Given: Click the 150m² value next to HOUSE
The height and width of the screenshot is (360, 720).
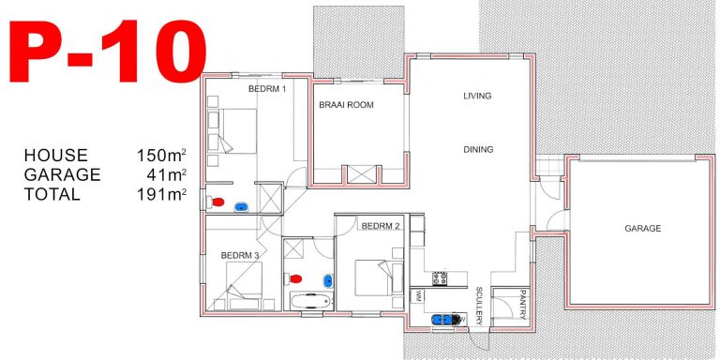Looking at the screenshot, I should [161, 156].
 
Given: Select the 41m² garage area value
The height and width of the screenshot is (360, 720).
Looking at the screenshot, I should [165, 175].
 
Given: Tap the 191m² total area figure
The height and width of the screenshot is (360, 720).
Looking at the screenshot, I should [161, 195].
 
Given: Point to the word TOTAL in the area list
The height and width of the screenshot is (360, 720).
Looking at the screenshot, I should [52, 195].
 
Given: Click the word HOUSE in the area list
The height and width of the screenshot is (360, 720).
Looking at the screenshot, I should [56, 156].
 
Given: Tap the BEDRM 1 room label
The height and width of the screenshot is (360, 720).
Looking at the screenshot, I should [266, 89].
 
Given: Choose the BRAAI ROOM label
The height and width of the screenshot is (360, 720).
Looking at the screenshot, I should [346, 105].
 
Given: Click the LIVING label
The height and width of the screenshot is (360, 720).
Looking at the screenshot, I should [477, 96].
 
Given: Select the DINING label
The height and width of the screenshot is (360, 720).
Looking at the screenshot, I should [477, 149].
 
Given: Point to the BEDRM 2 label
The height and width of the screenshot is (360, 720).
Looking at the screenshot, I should [381, 226].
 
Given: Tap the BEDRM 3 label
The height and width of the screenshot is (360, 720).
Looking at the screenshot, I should [240, 254].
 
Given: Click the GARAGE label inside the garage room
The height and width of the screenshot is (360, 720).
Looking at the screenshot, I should [643, 228].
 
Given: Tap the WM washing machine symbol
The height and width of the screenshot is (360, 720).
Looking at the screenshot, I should [417, 295].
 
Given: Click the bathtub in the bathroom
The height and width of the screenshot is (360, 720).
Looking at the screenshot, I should [308, 302].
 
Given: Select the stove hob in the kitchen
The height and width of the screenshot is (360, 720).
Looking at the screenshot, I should [438, 277].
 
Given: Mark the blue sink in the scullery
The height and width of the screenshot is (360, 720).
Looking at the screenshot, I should [440, 318].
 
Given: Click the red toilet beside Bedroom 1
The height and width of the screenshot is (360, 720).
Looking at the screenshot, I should [218, 202].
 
